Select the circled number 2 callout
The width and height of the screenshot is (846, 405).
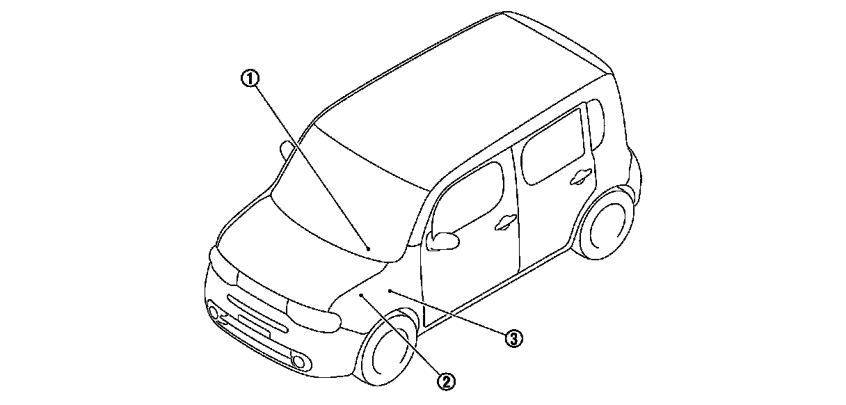pos(447,380)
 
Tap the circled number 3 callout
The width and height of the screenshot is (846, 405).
pos(513,338)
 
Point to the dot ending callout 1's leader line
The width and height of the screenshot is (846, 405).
pos(369,248)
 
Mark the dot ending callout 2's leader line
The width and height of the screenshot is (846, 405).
pos(362,296)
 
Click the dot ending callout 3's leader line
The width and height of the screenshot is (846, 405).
pos(391,289)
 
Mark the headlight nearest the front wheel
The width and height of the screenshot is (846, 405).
pos(314,317)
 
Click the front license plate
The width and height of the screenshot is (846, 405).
pos(253,326)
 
